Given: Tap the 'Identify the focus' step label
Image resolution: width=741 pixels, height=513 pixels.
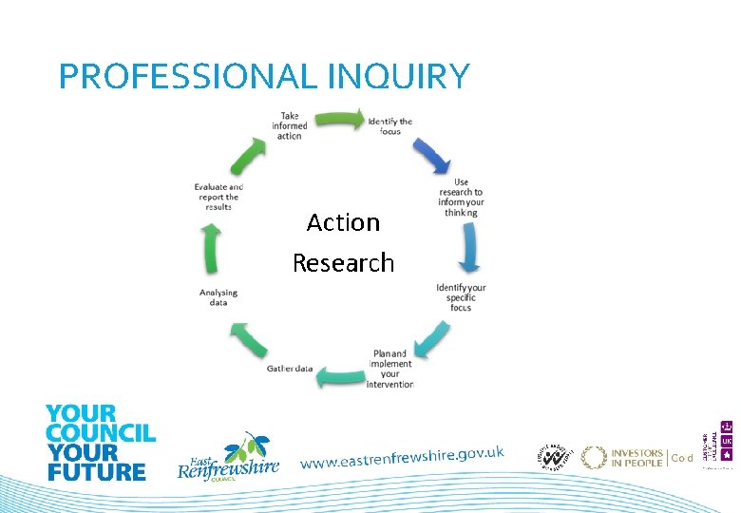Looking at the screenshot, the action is (x=390, y=126).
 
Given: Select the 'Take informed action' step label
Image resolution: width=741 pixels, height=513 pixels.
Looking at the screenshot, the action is (x=289, y=126).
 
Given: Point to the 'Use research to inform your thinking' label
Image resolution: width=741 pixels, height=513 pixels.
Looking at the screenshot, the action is (x=461, y=198).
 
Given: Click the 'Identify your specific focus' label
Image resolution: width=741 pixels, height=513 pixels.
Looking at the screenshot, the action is (x=461, y=297).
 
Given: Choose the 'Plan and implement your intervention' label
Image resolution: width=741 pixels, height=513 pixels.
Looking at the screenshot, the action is (x=392, y=370).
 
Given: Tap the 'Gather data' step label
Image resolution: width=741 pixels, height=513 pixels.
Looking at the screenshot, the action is (x=290, y=369).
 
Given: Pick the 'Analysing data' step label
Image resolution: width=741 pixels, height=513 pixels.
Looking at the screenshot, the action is (x=218, y=297).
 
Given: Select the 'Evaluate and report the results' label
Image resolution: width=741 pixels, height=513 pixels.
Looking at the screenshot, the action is (x=218, y=197).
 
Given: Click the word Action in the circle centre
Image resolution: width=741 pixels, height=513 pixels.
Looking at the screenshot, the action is (x=343, y=222).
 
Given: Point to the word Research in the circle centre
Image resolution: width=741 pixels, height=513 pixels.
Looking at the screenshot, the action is (x=343, y=262).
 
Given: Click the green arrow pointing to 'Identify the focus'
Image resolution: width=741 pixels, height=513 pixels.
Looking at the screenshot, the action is (x=339, y=119).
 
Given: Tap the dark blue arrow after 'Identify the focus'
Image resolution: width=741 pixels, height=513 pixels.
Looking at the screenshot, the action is (x=432, y=152).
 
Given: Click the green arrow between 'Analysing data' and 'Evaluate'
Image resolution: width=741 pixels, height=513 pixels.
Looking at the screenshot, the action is (x=212, y=249).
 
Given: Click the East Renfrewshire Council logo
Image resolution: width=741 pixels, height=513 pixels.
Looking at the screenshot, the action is (x=230, y=457).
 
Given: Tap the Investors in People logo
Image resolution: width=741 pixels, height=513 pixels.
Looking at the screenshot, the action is (x=623, y=458).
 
